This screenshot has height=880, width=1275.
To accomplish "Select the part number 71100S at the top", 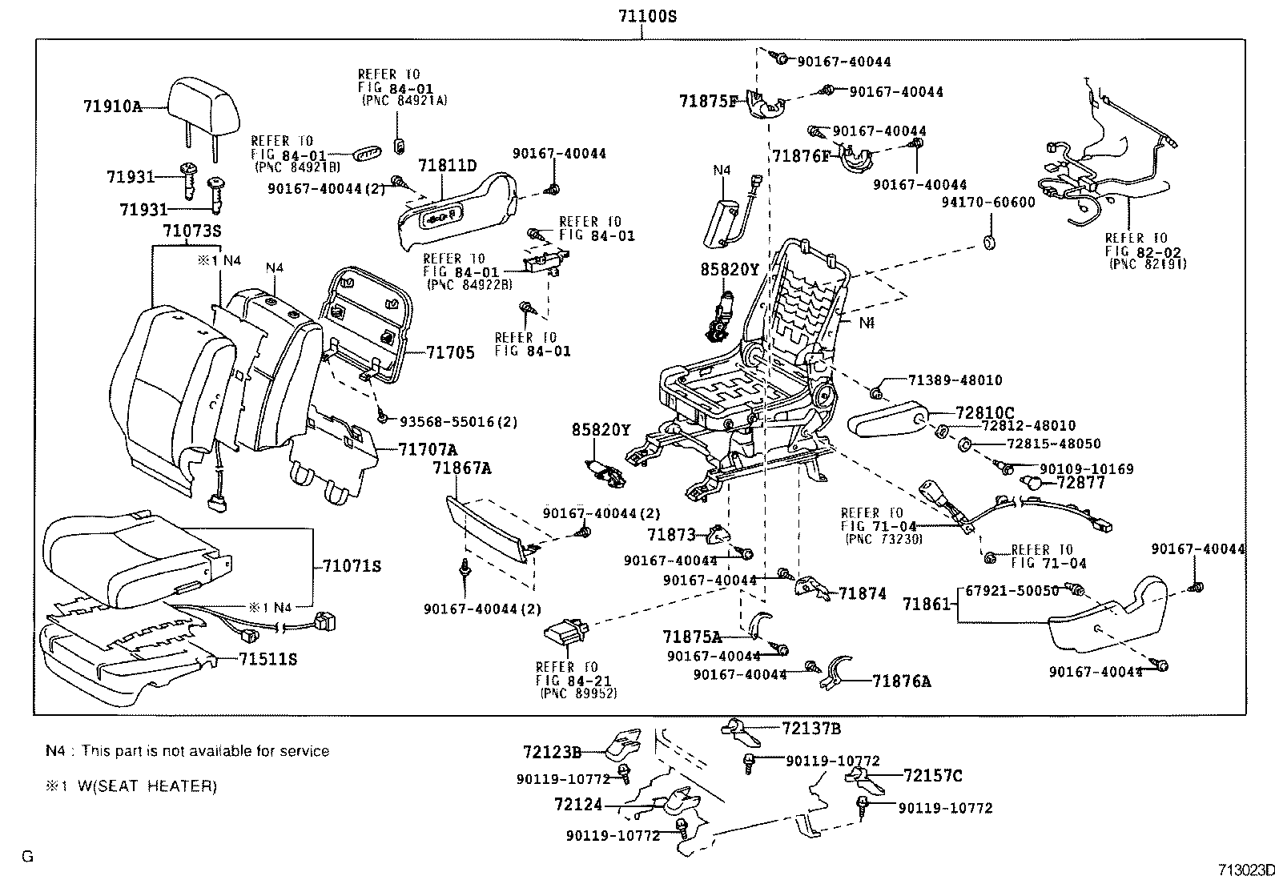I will point(642,16).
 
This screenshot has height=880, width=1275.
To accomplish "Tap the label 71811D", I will point(447,166).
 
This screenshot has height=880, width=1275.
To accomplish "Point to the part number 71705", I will point(450,352).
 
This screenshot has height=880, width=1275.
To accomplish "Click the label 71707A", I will point(428,449).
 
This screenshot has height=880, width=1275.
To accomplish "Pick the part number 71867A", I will point(462,468).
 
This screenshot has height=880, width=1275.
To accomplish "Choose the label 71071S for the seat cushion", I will point(352,566).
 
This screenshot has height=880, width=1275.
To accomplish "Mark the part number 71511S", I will point(267,659).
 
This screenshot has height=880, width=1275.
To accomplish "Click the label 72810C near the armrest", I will point(984,413).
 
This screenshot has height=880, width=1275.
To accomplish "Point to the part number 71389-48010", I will point(955,380).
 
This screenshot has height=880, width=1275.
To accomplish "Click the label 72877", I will point(1080,483).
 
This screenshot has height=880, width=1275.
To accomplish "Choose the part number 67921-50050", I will point(1012,590).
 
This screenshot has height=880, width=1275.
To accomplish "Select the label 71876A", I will point(902,681).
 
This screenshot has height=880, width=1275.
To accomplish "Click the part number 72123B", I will point(552,752).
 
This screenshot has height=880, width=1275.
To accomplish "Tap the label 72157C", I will point(932,775).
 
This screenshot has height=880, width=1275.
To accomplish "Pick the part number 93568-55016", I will point(448,420).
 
